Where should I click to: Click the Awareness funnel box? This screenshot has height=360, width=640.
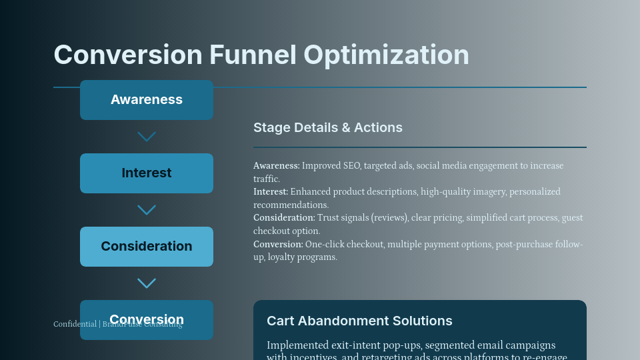[x=147, y=100]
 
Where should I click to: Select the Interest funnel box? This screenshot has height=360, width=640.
[x=147, y=173]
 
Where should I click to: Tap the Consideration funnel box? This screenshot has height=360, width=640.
[x=147, y=247]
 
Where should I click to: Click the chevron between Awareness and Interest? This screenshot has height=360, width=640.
[x=147, y=137]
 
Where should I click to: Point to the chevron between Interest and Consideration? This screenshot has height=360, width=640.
[x=147, y=210]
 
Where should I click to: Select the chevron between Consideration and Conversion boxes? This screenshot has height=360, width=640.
[x=147, y=283]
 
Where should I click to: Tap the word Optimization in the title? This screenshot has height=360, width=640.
[x=386, y=55]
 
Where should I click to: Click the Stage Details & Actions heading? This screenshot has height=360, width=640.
[x=328, y=127]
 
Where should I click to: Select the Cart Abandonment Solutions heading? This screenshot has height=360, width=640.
[x=359, y=321]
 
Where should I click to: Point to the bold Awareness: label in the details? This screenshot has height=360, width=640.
[x=277, y=166]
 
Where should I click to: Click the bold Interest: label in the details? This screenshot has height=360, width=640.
[x=271, y=192]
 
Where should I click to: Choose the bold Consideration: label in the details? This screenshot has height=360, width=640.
[x=284, y=218]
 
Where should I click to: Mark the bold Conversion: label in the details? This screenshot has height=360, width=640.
[x=278, y=245]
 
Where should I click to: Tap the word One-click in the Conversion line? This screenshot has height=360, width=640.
[x=323, y=245]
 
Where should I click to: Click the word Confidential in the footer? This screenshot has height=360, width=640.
[x=75, y=324]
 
